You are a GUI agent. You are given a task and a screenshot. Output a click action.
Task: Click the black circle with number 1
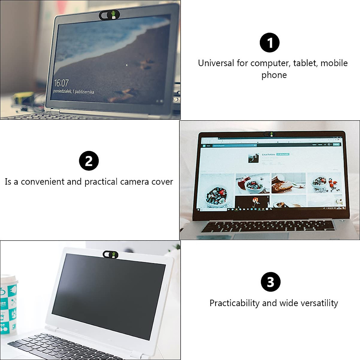coord(269,43)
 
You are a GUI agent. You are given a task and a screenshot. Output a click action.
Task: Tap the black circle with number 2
coord(89,161)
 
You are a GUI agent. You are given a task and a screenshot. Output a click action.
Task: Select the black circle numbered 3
coord(271,282)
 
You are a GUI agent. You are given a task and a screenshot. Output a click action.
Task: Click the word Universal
coord(216,63)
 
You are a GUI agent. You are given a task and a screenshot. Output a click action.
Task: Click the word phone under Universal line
coord(274,75)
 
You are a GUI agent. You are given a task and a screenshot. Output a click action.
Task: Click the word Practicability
coord(234,303)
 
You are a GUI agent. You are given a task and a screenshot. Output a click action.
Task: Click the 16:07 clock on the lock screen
coord(61,83)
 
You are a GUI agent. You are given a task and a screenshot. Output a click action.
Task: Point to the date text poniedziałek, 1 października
coord(73,91)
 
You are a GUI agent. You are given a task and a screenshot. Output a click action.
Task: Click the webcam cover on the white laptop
coord(110,255)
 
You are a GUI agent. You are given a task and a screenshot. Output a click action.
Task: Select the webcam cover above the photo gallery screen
coord(269,134)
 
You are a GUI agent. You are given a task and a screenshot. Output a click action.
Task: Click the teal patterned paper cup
coord(8,303)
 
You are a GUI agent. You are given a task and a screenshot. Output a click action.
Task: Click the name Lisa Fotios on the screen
coord(268,154)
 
